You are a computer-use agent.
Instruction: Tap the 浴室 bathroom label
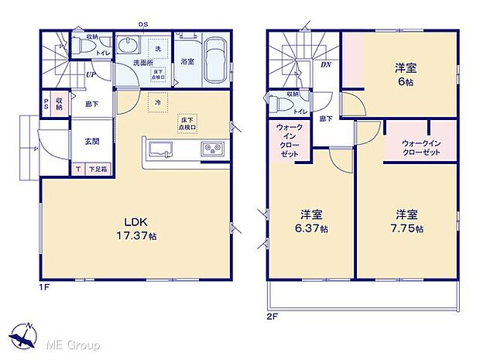187,62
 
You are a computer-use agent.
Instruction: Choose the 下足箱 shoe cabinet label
98,169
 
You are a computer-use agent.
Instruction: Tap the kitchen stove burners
211,149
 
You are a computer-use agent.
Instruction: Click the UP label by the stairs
91,75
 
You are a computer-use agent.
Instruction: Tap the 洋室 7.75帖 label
406,221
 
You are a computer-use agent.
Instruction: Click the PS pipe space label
46,104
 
